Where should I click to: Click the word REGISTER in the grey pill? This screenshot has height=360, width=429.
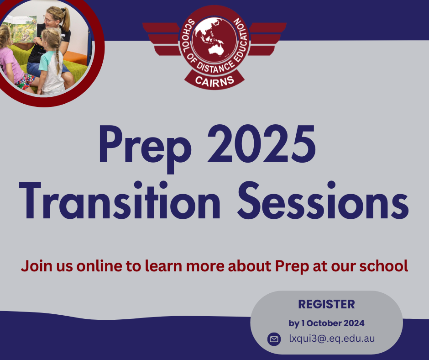(326, 304)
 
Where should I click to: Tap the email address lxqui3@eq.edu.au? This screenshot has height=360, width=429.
(332, 339)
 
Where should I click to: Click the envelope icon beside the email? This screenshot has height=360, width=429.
(274, 339)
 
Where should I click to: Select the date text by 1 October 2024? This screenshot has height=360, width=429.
(326, 323)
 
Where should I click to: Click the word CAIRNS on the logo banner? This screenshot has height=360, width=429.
(214, 81)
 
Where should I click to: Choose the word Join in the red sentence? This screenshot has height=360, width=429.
(32, 265)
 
